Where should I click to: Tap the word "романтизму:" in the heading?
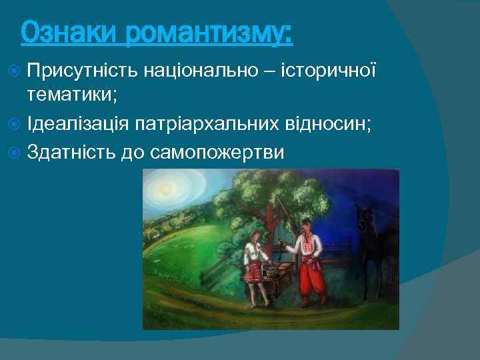(209, 33)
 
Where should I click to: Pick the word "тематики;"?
(72, 95)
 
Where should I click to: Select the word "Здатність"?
(71, 152)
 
